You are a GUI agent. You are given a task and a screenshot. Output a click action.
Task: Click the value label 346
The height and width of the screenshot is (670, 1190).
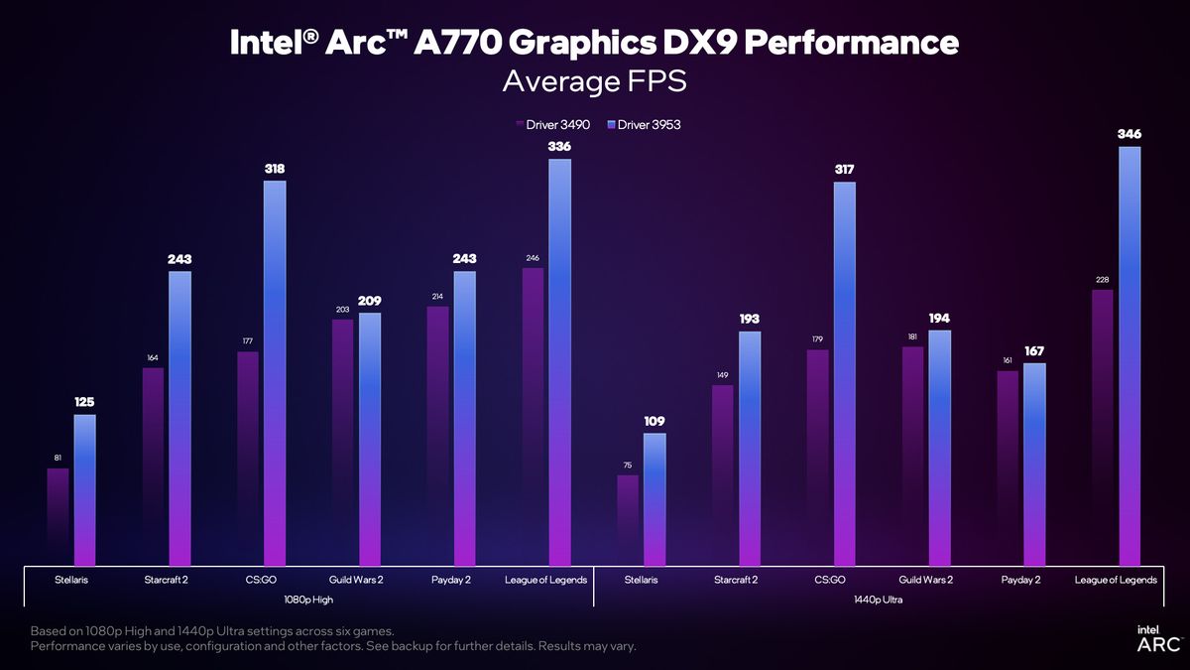[x=1129, y=134]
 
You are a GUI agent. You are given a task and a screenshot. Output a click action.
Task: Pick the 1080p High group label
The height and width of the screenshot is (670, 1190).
[x=307, y=600]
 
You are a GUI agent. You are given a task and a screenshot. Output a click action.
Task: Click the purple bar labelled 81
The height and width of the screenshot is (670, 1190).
[x=59, y=516]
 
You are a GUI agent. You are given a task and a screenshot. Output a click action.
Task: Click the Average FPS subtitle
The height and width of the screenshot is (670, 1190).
[x=594, y=81]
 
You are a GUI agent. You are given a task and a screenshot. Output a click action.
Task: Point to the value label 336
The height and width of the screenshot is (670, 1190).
[x=559, y=147]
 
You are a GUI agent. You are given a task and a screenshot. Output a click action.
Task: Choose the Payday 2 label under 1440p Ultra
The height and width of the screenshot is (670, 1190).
[x=1020, y=580]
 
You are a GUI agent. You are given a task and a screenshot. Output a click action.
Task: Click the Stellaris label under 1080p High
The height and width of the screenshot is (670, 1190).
[x=70, y=580]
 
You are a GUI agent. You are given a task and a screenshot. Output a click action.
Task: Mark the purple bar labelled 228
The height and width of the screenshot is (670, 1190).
[x=1102, y=427]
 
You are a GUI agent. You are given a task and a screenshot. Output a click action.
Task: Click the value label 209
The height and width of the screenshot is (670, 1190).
[x=370, y=301]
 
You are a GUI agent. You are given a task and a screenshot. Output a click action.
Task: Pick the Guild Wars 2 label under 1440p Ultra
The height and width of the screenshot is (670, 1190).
[x=926, y=580]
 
